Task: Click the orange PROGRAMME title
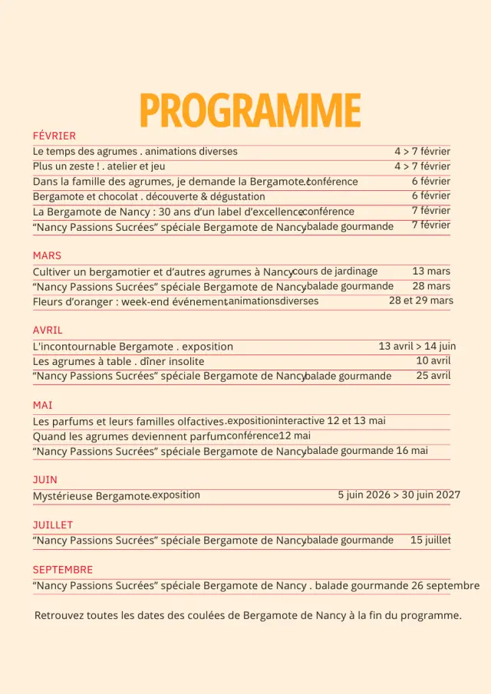(250, 111)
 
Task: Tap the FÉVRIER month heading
(54, 136)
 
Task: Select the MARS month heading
(47, 255)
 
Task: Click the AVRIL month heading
(48, 331)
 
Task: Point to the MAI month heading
(42, 405)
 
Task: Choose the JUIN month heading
(44, 480)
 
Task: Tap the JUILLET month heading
(52, 525)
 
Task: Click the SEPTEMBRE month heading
(62, 570)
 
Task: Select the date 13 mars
(431, 271)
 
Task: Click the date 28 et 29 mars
(420, 301)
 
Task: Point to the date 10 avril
(433, 360)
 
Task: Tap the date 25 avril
(433, 376)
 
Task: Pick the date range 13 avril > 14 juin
(417, 346)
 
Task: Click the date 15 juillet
(430, 541)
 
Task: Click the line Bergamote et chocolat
(148, 197)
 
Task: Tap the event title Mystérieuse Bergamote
(91, 496)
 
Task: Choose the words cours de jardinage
(335, 271)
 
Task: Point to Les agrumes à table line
(118, 361)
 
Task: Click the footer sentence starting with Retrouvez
(248, 615)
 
